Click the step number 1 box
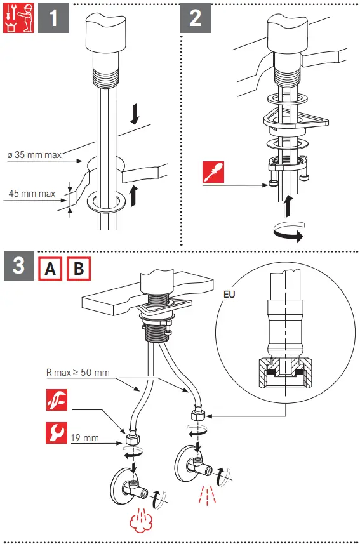click(53, 18)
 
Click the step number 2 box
click(196, 18)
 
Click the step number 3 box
click(19, 266)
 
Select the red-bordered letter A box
click(50, 269)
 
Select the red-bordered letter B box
click(79, 269)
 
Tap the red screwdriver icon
click(213, 172)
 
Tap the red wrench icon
click(57, 433)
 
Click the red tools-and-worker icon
click(18, 18)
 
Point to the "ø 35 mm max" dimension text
click(34, 155)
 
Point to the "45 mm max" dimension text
click(32, 193)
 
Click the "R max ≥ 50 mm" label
click(77, 373)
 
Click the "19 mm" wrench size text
click(84, 438)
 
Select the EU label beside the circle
click(229, 294)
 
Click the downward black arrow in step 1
click(135, 114)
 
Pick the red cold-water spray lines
click(208, 494)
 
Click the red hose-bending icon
click(57, 400)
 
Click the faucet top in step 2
click(288, 34)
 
